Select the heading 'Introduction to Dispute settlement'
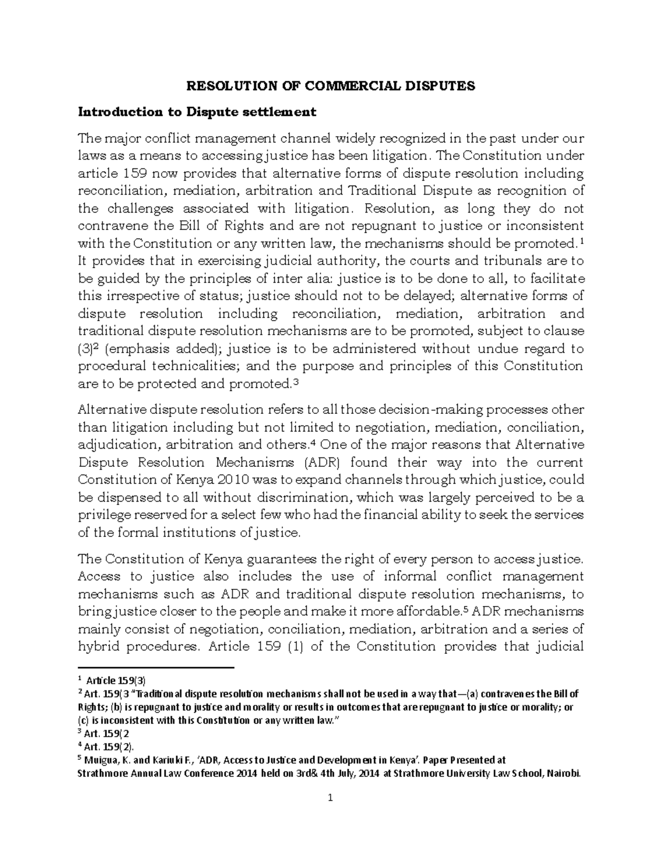[x=197, y=112]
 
